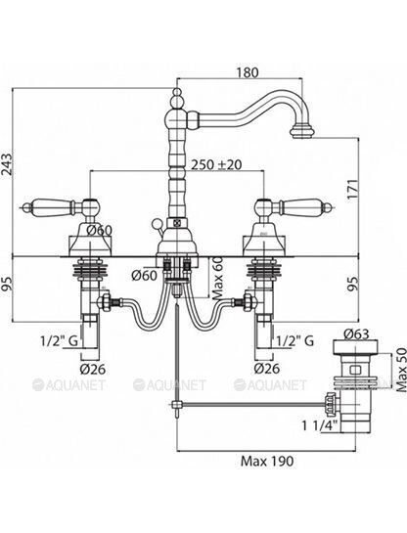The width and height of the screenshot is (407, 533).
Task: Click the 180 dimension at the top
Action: coord(248,72)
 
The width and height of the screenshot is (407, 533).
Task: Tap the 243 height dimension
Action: coord(7,164)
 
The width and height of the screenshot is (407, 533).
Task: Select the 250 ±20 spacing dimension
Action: coord(216,164)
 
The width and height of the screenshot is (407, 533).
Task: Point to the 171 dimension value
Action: coord(353,190)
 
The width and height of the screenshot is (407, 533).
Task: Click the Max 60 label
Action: coord(218,278)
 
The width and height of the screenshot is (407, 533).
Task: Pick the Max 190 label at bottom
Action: coord(267,462)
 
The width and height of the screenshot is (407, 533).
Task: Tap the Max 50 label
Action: coord(401,370)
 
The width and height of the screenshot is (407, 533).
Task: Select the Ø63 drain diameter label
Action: coord(356,334)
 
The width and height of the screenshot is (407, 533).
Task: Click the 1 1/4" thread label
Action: coord(320,425)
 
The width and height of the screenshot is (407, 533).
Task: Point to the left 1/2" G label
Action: coord(60,340)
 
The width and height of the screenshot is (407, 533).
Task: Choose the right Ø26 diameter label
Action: coord(267,369)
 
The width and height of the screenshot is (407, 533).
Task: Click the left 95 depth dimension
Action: coord(7,285)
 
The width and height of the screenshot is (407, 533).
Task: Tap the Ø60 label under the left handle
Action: coord(99,231)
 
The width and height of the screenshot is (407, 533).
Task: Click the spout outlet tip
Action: coord(301,132)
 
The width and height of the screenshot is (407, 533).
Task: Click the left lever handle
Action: coord(63,206)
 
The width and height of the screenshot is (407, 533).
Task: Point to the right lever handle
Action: coord(294,207)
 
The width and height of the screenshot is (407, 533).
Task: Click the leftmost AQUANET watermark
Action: coord(68,384)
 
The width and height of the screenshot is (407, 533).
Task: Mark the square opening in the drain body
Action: coord(356,370)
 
